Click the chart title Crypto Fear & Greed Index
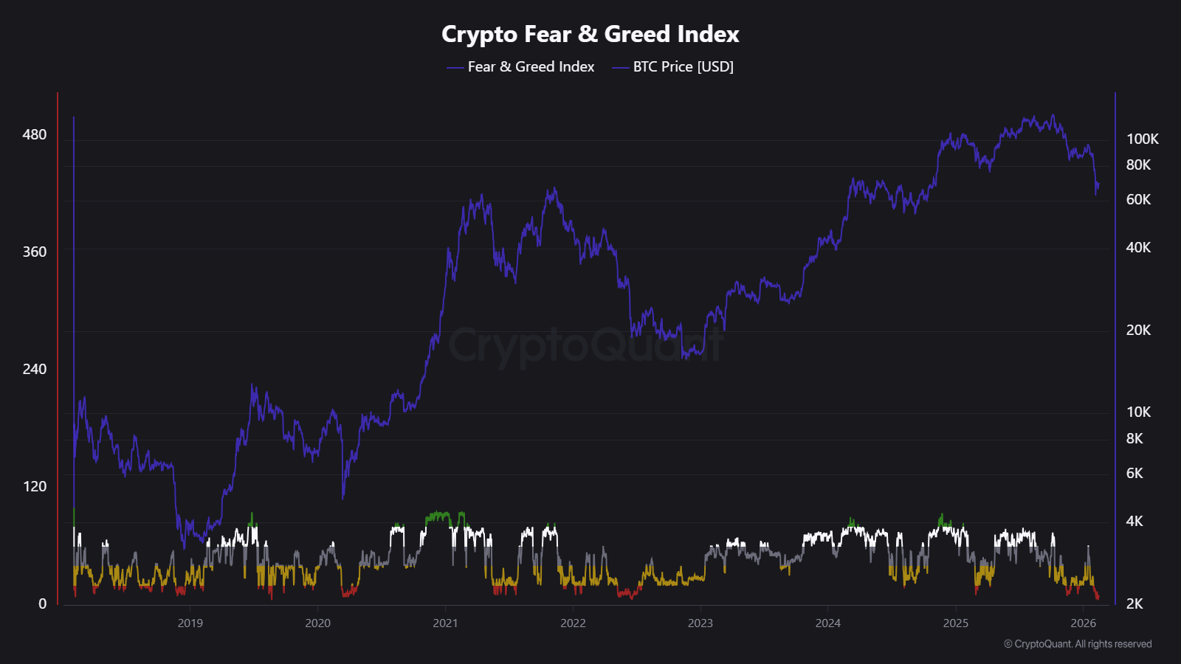[590, 34]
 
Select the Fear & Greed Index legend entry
[530, 66]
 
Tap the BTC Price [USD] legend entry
[683, 66]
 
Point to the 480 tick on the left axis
[35, 134]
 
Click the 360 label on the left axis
[35, 252]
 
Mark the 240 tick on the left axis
[35, 369]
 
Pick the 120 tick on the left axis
[35, 486]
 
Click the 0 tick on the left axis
[42, 604]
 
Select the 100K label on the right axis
[1142, 139]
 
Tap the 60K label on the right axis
[1138, 199]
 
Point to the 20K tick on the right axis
[1138, 330]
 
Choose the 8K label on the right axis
[1134, 438]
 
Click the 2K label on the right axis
[1134, 604]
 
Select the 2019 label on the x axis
[190, 623]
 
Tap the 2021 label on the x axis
[445, 623]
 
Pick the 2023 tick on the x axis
[700, 623]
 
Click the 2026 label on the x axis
[1083, 623]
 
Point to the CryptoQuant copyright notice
[1078, 644]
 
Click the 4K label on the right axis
[1134, 521]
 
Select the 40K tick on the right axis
[1138, 247]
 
